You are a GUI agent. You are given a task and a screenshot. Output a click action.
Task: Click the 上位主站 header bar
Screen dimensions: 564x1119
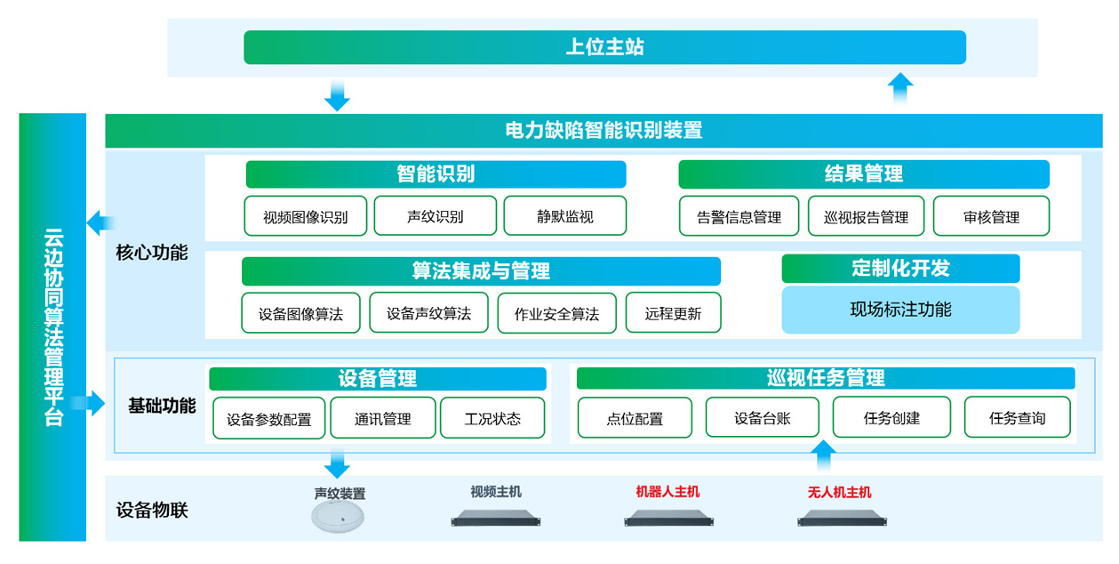[604, 47]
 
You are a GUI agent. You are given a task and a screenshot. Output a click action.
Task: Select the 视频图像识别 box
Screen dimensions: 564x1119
[305, 216]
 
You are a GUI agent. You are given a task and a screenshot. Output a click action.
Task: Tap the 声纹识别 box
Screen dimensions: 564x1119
[435, 216]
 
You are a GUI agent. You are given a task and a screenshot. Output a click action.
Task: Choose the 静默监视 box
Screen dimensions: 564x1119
[564, 216]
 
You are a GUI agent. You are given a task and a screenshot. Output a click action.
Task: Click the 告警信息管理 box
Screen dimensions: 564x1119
[739, 216]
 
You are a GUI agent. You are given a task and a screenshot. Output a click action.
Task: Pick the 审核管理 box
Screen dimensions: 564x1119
[991, 216]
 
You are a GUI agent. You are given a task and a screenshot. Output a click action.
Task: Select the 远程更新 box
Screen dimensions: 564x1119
[673, 313]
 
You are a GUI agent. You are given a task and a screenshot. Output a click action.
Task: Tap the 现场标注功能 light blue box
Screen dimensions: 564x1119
[900, 310]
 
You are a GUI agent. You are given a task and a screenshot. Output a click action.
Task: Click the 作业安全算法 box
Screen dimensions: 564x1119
[556, 313]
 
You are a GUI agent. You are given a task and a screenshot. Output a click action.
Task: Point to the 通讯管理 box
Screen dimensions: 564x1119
[383, 418]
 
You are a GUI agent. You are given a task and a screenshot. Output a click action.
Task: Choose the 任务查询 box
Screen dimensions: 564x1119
[1017, 417]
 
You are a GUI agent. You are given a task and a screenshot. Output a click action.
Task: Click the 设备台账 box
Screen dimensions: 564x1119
[762, 417]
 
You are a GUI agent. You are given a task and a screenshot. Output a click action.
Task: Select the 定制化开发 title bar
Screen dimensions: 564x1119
[900, 269]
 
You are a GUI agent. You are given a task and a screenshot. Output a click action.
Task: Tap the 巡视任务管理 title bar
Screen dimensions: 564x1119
[825, 378]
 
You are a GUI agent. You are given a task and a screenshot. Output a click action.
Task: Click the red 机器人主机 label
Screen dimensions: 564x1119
[667, 491]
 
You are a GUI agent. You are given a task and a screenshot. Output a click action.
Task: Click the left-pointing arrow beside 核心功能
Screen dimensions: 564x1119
[100, 223]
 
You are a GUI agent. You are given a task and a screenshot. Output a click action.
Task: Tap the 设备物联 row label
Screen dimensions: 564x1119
[152, 511]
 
